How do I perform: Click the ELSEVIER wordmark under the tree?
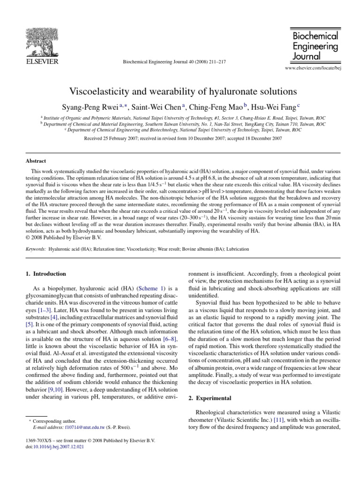42,61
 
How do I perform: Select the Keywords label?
36,249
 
